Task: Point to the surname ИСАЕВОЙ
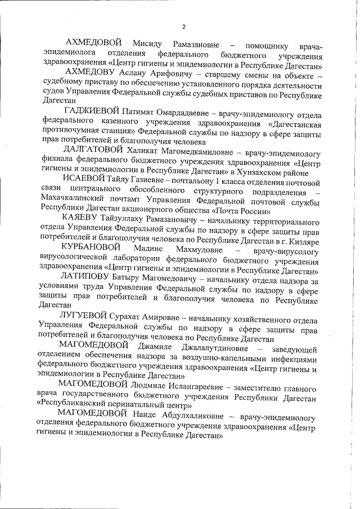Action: pyautogui.click(x=84, y=178)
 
